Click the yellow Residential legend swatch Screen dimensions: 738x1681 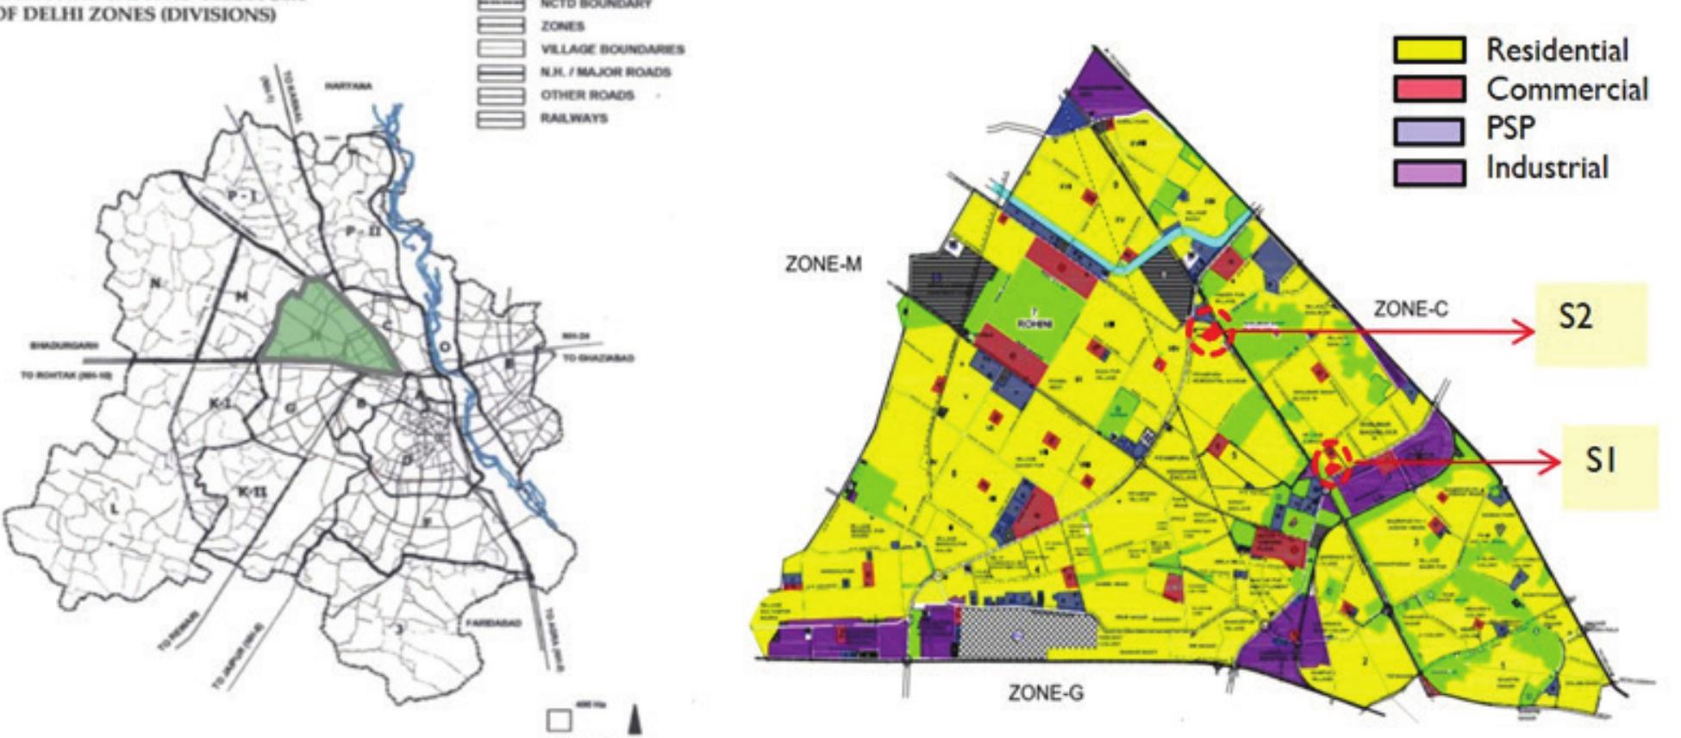click(1428, 50)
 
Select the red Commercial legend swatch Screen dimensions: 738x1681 click(1428, 89)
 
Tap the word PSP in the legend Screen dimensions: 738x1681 click(1510, 128)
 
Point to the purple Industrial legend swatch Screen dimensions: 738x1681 click(1428, 172)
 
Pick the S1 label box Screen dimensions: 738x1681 click(1609, 466)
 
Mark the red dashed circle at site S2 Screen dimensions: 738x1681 click(1208, 333)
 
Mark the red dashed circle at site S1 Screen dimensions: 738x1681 click(1331, 463)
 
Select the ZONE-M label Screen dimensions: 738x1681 click(822, 265)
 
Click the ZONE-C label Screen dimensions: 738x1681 click(1410, 309)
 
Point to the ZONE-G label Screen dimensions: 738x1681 click(1046, 692)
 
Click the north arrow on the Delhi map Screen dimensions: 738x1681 click(634, 721)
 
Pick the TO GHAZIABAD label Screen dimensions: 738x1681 click(598, 358)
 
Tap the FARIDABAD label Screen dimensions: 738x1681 click(492, 623)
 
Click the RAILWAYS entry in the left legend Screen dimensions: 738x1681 click(573, 118)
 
